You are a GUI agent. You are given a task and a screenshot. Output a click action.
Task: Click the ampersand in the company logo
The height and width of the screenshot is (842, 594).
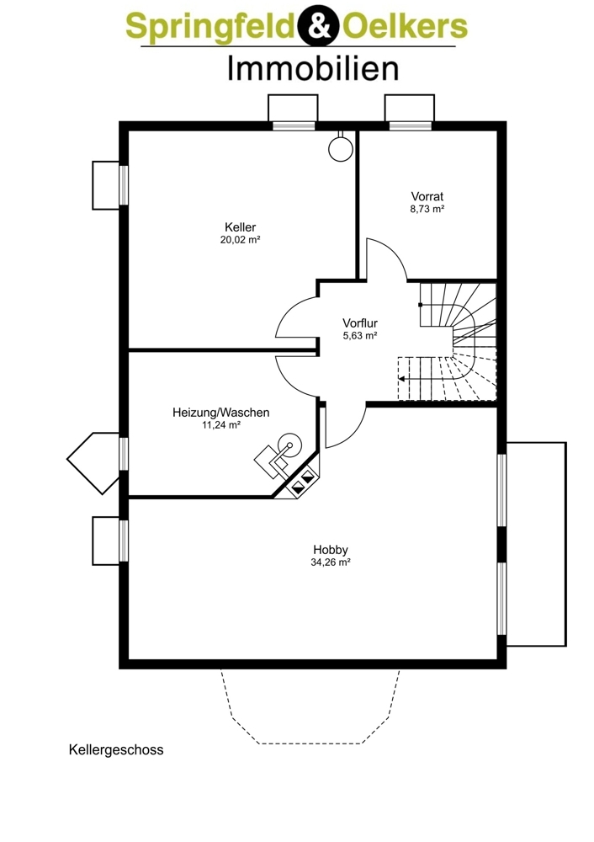point(319,26)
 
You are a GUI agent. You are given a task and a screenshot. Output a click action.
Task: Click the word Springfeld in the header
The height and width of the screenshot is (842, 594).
point(211,27)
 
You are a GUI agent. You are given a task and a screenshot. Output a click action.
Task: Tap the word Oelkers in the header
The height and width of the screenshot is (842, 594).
point(405,25)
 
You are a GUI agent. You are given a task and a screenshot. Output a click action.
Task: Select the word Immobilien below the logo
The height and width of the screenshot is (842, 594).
point(313,69)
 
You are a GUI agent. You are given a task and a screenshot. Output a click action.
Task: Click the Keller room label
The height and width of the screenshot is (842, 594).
point(241,227)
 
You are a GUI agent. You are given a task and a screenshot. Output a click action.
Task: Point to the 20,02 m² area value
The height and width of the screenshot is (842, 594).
point(241,239)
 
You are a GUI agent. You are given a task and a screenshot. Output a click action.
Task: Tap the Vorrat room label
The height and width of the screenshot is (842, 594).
point(427,196)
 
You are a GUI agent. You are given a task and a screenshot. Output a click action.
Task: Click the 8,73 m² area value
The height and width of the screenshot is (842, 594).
point(427,209)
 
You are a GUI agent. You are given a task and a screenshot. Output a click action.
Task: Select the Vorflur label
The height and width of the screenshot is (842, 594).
point(360,322)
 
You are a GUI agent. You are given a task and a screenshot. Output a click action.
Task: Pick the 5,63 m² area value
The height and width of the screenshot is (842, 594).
point(360,336)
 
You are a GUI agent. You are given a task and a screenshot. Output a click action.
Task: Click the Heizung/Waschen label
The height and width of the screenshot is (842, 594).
point(221,413)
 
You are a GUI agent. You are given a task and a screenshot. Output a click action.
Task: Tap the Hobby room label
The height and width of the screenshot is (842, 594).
point(331,550)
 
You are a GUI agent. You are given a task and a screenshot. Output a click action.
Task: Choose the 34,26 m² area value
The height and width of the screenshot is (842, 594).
point(331,562)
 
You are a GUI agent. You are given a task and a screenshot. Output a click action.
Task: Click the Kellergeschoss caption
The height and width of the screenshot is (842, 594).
point(116,749)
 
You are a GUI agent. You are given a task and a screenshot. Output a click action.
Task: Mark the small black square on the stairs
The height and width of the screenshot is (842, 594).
point(420,305)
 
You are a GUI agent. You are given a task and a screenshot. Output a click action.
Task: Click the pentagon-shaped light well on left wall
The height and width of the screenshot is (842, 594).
point(94,462)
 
